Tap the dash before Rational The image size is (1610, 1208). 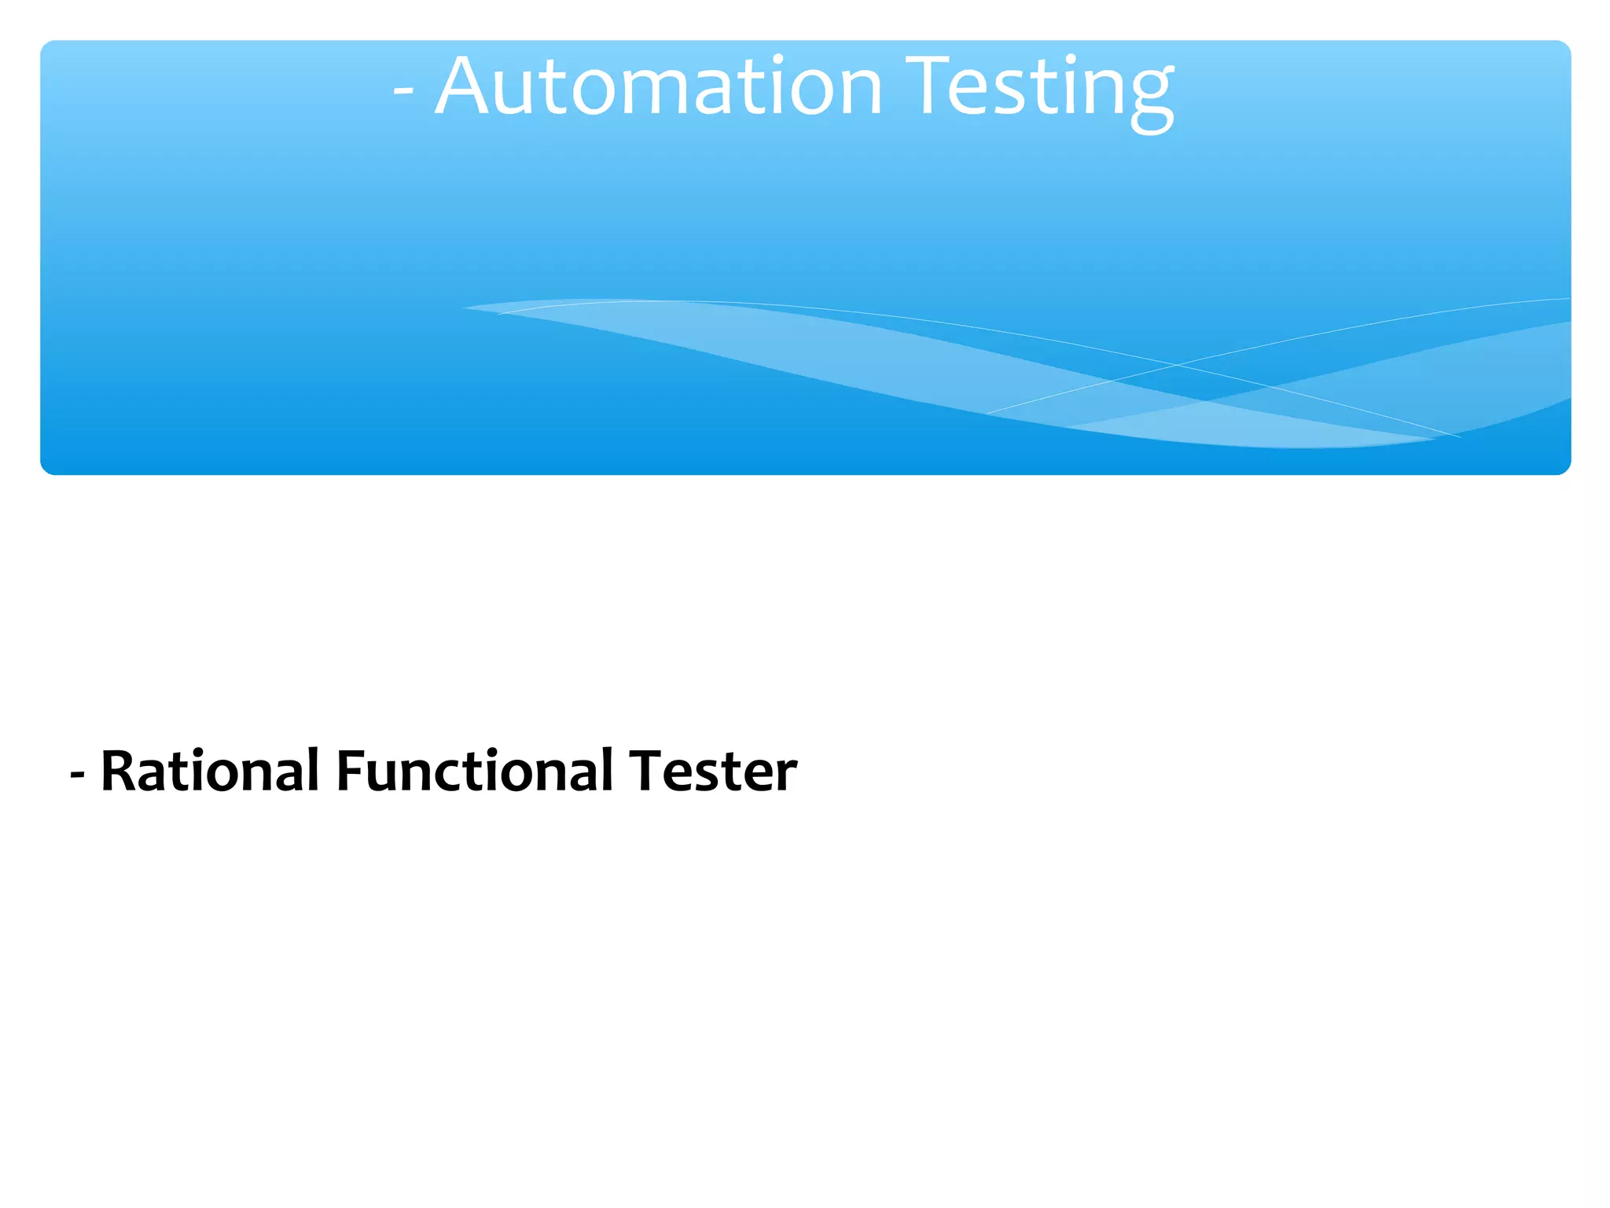77,774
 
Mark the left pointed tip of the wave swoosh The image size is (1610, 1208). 465,308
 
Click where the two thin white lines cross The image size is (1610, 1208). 1178,365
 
